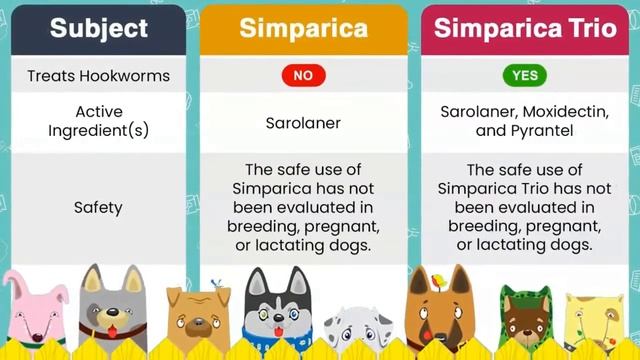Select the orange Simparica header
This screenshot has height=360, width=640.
(303, 27)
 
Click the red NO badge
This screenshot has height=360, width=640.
(303, 76)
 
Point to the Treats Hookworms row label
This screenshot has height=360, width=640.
(98, 76)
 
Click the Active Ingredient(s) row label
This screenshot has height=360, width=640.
(98, 122)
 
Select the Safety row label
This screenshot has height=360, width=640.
(98, 208)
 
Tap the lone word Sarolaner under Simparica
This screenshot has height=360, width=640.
(303, 123)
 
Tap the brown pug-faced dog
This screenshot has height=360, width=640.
(198, 317)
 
